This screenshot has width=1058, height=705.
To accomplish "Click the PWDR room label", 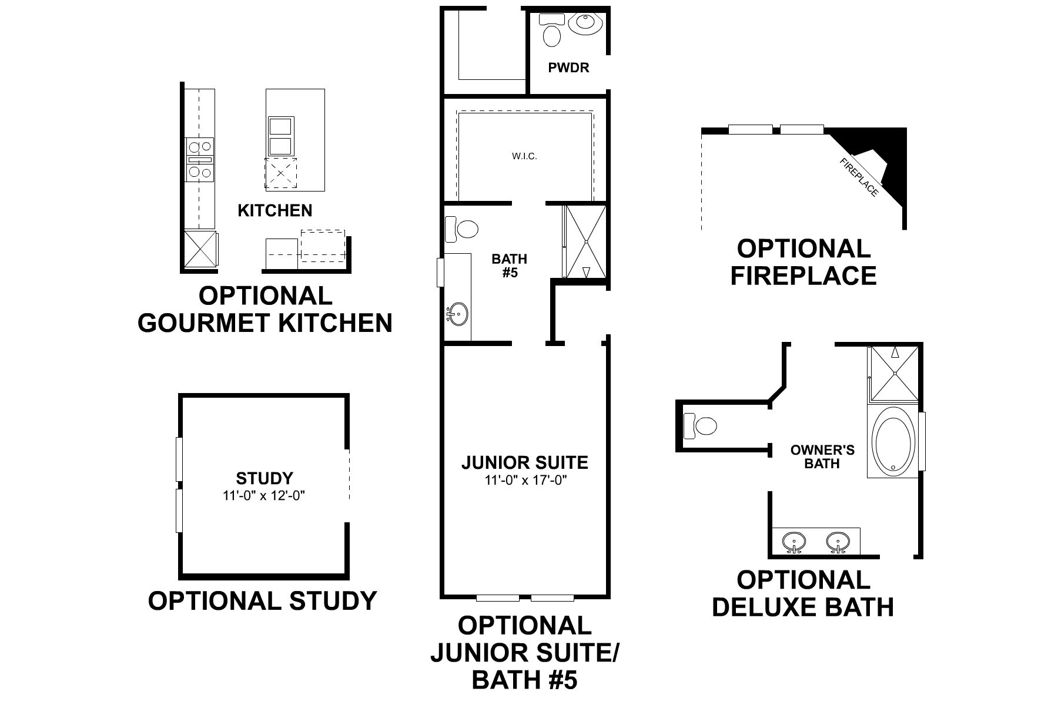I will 568,68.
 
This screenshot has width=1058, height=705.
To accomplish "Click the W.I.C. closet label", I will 524,156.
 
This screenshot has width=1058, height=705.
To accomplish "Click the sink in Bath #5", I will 457,314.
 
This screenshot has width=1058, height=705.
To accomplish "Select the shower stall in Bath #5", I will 585,241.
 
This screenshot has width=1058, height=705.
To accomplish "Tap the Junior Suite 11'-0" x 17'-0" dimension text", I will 525,480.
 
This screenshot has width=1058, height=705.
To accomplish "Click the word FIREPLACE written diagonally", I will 859,177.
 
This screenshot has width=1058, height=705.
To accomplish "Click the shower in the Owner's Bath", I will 894,372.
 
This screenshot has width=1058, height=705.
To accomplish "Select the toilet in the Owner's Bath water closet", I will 702,425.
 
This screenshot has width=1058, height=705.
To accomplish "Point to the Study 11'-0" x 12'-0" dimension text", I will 264,495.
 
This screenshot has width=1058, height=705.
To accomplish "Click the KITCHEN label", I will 274,210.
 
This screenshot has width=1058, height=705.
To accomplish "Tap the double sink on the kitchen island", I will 281,136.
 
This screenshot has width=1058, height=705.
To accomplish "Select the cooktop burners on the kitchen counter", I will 200,160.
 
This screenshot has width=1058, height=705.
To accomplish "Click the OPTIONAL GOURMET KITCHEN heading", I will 265,310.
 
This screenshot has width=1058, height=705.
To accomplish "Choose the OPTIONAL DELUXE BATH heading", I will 803,593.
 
